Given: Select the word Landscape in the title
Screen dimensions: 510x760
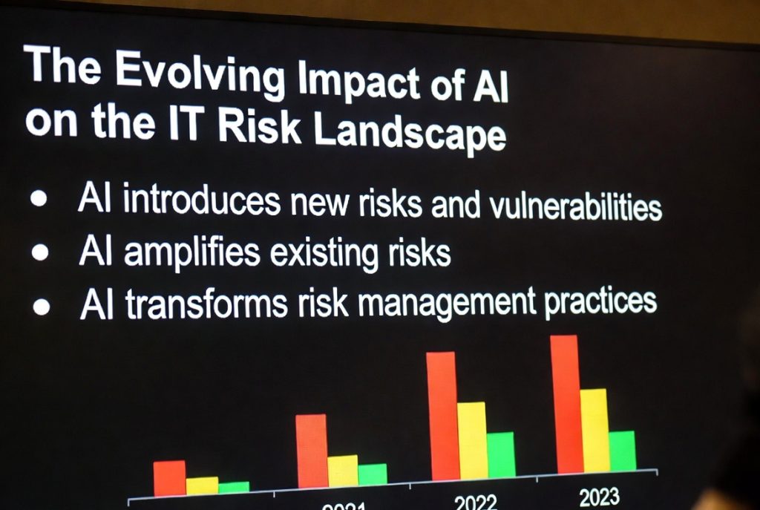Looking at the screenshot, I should (409, 134).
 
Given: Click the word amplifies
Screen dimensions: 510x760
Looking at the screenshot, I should (191, 252).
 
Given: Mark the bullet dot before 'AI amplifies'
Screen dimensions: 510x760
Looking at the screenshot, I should (41, 252).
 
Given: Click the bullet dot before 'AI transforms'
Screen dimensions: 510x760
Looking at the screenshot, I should (42, 305).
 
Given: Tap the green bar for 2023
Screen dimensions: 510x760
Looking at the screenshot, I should (622, 450).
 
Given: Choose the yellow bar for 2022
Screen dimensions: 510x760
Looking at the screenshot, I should (472, 440).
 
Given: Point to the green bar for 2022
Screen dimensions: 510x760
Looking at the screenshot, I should (501, 454).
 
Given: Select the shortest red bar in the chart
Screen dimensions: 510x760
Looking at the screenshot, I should (169, 477).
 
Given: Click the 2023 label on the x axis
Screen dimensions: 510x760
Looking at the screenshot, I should (598, 497).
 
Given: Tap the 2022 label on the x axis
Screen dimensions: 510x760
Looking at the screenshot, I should (476, 503).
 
